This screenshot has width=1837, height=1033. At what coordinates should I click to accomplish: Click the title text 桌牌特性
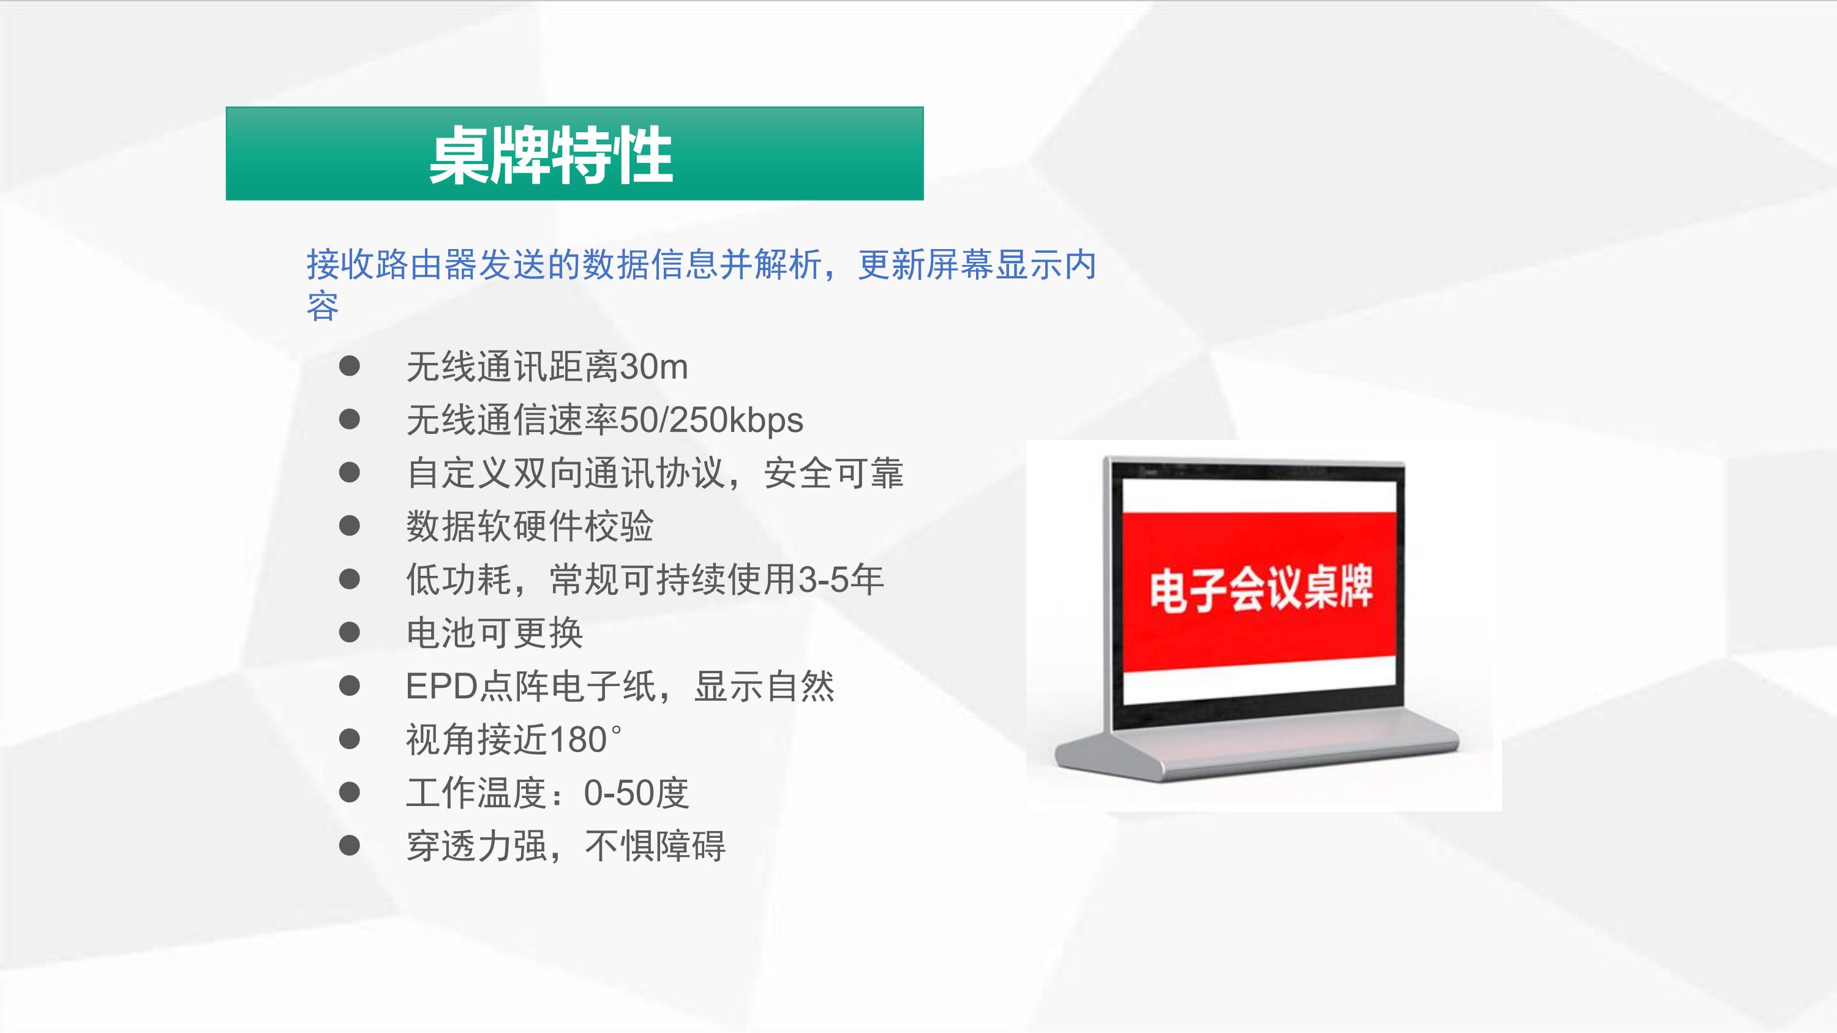[550, 155]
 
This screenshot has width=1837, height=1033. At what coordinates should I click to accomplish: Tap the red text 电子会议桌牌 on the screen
[1260, 589]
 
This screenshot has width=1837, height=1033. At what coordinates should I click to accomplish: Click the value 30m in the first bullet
[654, 367]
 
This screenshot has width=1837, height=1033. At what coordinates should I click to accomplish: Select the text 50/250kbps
[712, 420]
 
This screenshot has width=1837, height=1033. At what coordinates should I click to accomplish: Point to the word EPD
[441, 687]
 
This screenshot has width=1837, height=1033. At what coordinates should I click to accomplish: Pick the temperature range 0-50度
[636, 792]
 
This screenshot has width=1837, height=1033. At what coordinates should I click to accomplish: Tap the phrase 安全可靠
[833, 474]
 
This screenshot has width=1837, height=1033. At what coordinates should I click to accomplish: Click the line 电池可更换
[494, 633]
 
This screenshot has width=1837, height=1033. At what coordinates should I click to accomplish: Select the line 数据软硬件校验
[530, 526]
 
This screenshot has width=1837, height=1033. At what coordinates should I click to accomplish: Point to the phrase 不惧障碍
[655, 846]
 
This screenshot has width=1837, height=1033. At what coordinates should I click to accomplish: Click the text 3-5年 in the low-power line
[841, 580]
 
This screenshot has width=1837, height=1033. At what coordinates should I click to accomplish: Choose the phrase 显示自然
[764, 687]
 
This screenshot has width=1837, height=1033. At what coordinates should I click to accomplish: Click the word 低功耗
[459, 580]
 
